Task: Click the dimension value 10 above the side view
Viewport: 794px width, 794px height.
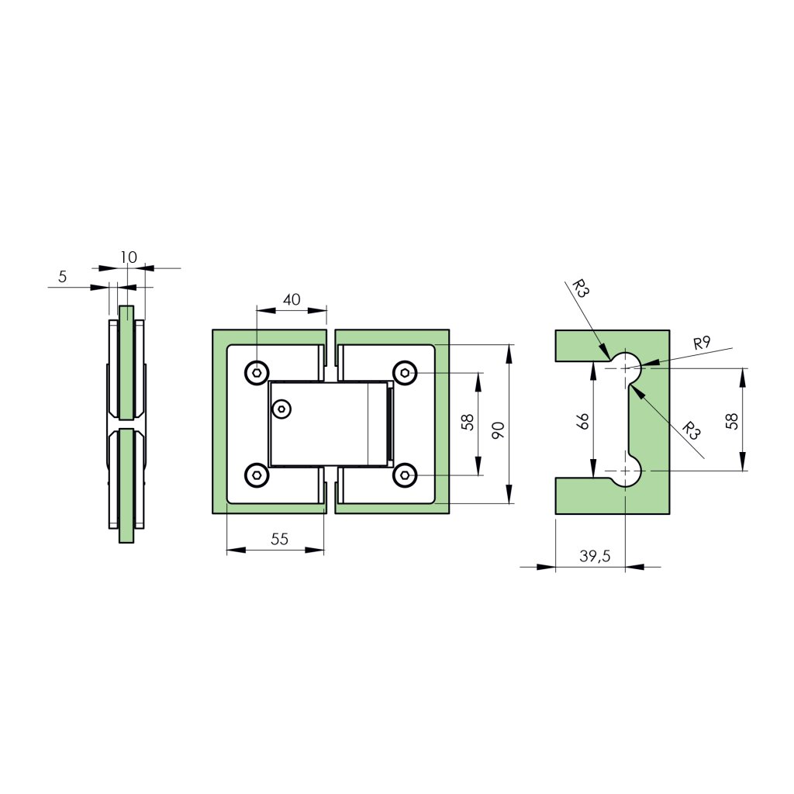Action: [129, 257]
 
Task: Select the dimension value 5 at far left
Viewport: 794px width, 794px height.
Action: [62, 276]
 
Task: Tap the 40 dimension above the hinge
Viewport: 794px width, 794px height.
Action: [292, 299]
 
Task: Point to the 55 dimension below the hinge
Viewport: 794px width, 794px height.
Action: [280, 540]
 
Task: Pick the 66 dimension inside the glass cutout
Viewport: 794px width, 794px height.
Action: [583, 421]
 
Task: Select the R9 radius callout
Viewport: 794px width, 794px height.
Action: [702, 343]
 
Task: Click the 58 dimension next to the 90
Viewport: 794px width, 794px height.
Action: [468, 422]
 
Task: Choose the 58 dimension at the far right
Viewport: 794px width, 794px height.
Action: [732, 421]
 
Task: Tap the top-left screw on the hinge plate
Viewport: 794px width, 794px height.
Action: [257, 373]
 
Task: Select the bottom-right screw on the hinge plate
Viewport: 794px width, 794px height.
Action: [404, 476]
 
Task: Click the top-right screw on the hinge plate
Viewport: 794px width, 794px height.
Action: [404, 373]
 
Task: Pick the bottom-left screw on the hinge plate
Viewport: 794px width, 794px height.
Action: [257, 476]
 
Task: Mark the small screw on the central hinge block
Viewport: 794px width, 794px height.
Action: [282, 408]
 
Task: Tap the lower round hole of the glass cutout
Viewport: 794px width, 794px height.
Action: [625, 471]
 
